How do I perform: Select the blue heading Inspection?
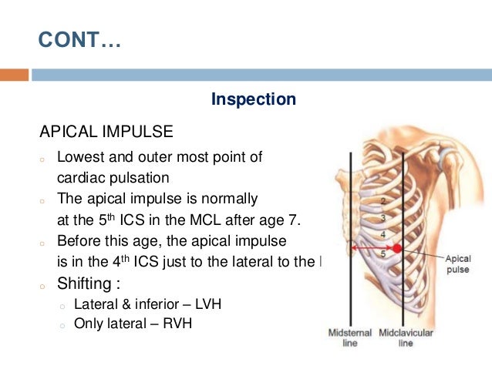[x=253, y=99]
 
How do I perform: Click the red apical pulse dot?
[x=397, y=248]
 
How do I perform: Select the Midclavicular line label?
[x=406, y=338]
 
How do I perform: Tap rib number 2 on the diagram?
[x=382, y=200]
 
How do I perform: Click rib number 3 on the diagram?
[x=383, y=218]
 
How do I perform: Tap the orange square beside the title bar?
[x=14, y=75]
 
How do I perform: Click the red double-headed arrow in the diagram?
[x=372, y=248]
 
